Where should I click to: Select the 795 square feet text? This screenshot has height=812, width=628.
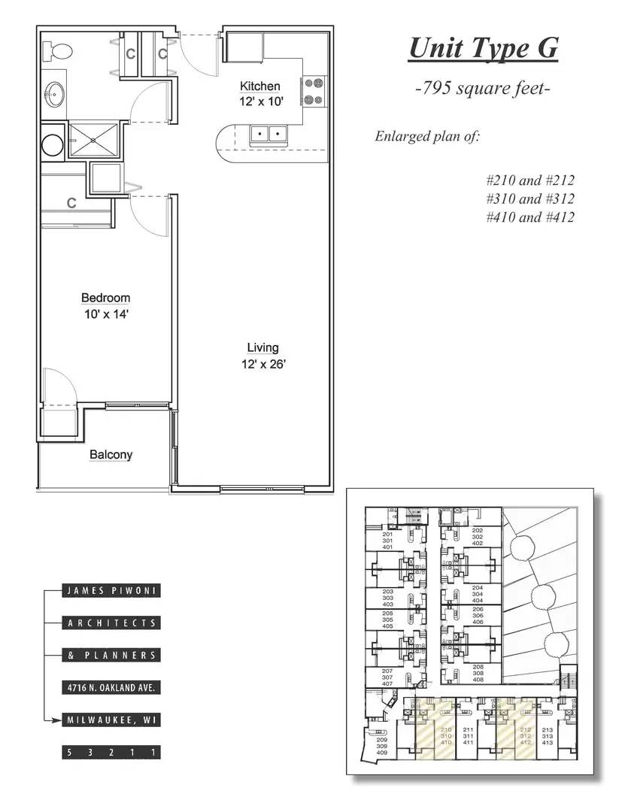[x=483, y=89]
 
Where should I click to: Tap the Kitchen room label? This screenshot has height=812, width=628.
[x=259, y=86]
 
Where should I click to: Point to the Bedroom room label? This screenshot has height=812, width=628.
[x=106, y=298]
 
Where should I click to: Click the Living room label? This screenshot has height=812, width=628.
[x=262, y=347]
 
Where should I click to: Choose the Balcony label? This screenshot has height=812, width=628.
[x=111, y=454]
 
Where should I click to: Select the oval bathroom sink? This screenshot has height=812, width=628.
[x=54, y=95]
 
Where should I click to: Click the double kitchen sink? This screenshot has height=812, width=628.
[x=268, y=135]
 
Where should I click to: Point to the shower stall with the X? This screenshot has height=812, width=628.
[x=93, y=140]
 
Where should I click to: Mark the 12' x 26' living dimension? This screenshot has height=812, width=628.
[x=262, y=365]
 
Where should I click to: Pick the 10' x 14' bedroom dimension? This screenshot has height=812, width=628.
[x=106, y=315]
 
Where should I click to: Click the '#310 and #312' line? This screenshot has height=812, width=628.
[x=529, y=198]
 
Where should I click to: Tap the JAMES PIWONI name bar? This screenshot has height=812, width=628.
[x=111, y=591]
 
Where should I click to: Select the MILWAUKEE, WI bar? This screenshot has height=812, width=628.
[x=111, y=720]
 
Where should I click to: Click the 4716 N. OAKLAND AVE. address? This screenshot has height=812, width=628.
[x=111, y=688]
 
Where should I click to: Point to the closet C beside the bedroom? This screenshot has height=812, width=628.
[x=71, y=203]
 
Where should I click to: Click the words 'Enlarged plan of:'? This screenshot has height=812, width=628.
[x=426, y=136]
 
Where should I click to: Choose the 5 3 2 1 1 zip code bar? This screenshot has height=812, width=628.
[x=111, y=752]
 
